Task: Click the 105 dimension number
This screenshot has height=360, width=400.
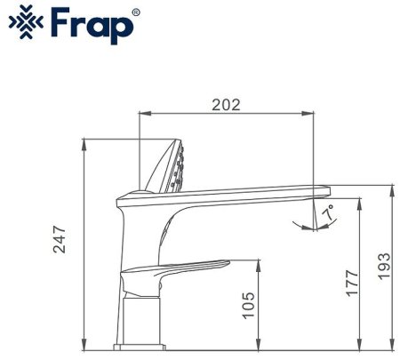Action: point(249,306)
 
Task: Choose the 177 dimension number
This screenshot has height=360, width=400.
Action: point(352,282)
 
